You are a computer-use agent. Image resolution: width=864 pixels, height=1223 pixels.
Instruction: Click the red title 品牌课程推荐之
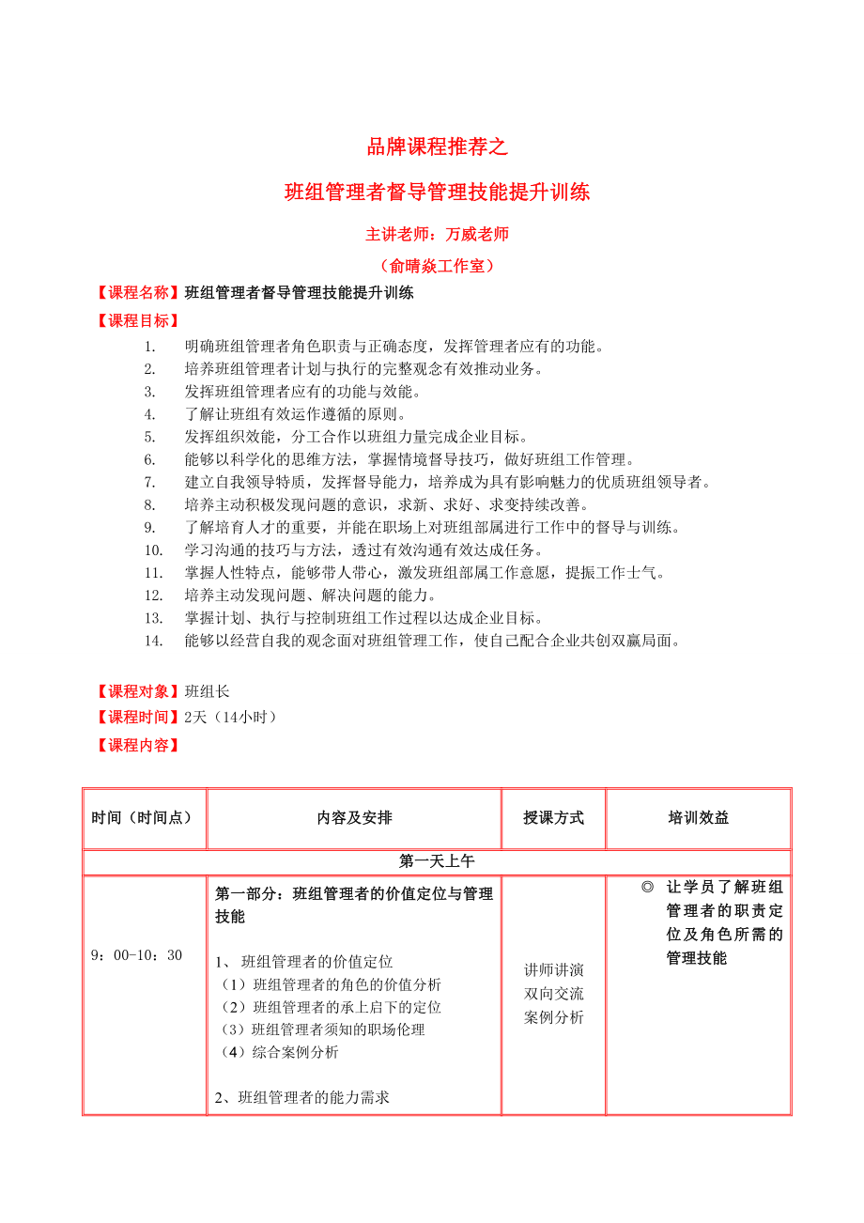[437, 147]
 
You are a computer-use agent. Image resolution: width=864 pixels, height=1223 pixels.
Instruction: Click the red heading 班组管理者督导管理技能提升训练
[437, 193]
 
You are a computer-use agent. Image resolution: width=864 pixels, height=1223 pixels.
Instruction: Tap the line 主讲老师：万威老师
[437, 234]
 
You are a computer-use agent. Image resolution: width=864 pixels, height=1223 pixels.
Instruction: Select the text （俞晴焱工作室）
[437, 266]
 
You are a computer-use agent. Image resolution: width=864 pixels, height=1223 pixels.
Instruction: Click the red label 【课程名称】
[139, 292]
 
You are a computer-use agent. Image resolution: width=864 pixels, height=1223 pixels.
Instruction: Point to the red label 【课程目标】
[139, 320]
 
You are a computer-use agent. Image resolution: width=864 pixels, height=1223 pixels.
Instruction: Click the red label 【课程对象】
[139, 691]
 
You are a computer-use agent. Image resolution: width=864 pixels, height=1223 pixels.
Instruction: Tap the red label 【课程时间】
[139, 717]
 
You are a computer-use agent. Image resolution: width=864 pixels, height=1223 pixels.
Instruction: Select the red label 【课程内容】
[139, 745]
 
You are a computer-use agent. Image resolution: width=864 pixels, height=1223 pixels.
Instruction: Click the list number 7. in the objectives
[149, 482]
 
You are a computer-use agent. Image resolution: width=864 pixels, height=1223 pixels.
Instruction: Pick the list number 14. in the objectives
[154, 641]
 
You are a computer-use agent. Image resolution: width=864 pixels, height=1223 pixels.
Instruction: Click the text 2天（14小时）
[231, 717]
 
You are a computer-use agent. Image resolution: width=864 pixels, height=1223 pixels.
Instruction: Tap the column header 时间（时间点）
[143, 817]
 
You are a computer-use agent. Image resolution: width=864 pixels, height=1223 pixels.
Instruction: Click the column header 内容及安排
[354, 817]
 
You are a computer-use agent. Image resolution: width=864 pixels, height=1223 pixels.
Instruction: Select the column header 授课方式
[553, 817]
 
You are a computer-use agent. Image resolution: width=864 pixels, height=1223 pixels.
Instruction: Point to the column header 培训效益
[698, 817]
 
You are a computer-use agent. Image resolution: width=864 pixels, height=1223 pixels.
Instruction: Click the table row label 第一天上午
[437, 860]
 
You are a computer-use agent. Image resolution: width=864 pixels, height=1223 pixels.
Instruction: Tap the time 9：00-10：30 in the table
[136, 955]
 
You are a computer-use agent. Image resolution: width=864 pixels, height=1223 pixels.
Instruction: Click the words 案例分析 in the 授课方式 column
[553, 1017]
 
